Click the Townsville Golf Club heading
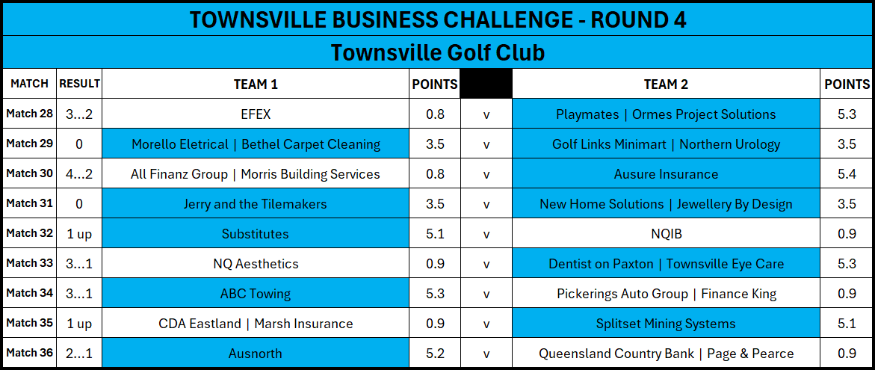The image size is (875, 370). (438, 53)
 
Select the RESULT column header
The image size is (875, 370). (79, 84)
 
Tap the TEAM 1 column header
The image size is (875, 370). (256, 84)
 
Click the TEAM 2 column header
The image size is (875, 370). (666, 84)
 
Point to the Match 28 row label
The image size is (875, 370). (30, 114)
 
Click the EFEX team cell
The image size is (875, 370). (256, 114)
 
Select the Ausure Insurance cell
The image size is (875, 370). (667, 174)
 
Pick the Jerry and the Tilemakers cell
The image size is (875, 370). (256, 204)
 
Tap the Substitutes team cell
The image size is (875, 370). (256, 234)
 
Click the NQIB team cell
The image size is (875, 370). (667, 234)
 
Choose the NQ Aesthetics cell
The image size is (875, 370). (256, 263)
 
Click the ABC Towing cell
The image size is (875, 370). (256, 293)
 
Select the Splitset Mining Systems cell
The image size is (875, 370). (667, 323)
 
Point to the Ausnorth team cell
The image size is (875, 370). (256, 353)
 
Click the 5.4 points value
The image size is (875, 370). (847, 174)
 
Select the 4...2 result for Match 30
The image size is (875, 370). (78, 174)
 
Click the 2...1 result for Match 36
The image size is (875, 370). (78, 354)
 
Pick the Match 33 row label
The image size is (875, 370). (30, 263)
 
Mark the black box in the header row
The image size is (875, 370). (486, 84)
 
